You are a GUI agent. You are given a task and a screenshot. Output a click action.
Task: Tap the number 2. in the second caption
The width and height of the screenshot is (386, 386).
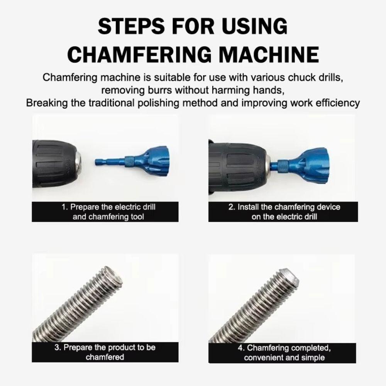(232, 207)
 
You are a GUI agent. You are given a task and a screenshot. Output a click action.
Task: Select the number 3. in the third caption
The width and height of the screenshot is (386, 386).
(58, 347)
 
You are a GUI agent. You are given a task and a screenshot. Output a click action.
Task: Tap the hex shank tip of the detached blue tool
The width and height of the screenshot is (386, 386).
(99, 162)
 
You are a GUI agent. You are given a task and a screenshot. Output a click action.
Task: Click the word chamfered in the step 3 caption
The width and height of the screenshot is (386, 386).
(105, 357)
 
